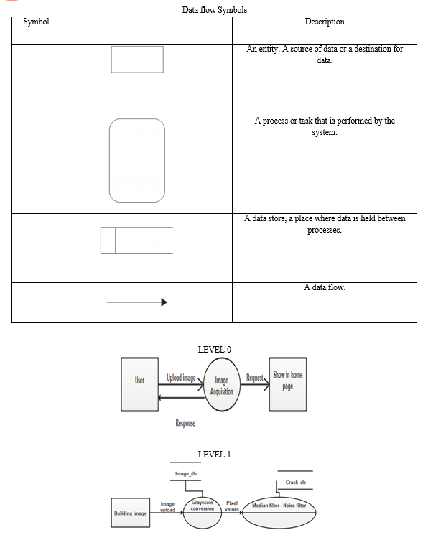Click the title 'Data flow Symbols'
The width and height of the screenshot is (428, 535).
(214, 10)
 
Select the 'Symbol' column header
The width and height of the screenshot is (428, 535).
(36, 22)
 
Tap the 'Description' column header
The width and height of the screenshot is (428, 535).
(325, 22)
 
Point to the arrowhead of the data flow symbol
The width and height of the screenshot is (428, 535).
(164, 302)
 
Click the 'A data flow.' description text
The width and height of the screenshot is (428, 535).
(325, 287)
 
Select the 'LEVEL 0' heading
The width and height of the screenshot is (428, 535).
(214, 350)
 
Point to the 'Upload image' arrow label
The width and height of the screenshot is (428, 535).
(181, 378)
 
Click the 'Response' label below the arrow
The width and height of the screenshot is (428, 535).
(185, 423)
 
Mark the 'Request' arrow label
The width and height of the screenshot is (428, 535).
(255, 378)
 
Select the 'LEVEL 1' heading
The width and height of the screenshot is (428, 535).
(214, 455)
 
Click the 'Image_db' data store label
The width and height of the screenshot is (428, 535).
(186, 473)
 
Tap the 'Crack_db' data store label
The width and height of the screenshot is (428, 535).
(296, 482)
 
